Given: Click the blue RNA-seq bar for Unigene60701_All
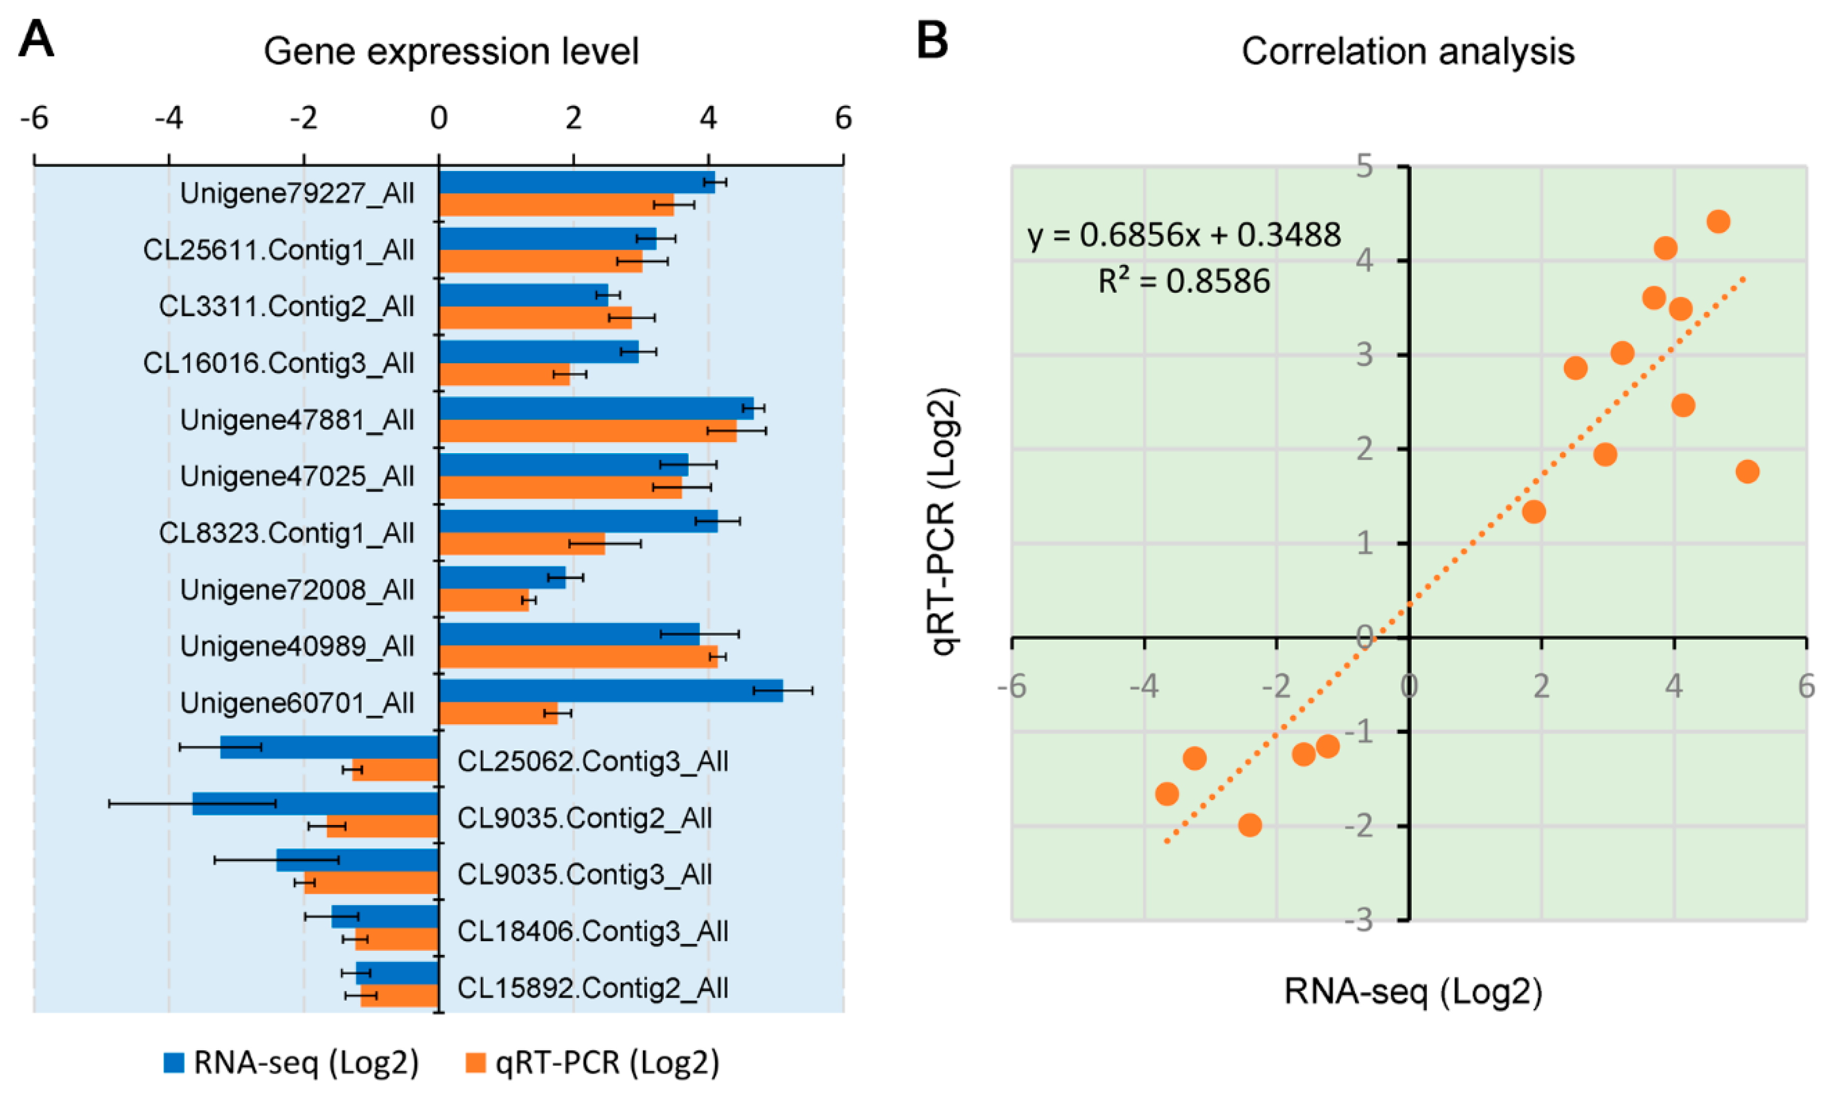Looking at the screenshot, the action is [611, 691].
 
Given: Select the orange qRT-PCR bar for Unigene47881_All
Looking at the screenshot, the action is [588, 431].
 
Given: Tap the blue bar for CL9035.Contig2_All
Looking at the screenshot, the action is [316, 804].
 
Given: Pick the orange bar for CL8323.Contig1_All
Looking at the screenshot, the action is [522, 543].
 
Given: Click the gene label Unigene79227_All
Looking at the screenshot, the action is [297, 193].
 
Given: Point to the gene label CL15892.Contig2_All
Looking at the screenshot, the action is [592, 988].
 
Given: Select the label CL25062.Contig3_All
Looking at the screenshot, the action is [592, 761].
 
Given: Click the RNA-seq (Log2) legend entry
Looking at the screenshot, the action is [291, 1062].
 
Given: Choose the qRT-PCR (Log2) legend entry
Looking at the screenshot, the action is [592, 1062].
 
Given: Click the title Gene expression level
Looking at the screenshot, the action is [451, 52].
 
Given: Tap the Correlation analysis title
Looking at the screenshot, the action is [1408, 52].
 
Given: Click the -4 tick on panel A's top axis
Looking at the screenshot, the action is [169, 119].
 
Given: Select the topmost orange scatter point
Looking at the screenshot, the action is [1718, 221].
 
